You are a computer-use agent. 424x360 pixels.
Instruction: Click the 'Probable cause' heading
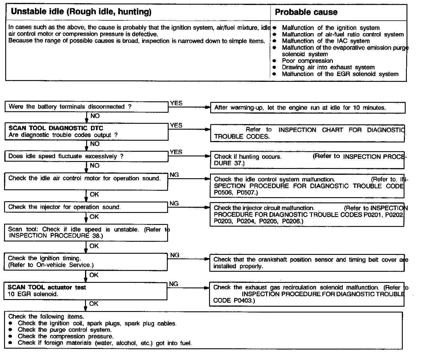(x=306, y=12)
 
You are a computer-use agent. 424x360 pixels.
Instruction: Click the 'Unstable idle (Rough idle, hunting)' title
(x=81, y=12)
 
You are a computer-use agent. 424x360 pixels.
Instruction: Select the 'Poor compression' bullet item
(x=307, y=61)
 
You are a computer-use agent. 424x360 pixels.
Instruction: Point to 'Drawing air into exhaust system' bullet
(x=328, y=67)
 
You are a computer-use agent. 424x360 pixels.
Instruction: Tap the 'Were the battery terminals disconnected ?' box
(x=86, y=107)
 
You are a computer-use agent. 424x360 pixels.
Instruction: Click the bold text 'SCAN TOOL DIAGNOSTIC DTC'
(x=56, y=128)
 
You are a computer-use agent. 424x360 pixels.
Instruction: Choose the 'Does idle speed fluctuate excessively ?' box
(x=86, y=156)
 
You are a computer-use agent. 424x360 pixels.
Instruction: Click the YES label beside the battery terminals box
(x=176, y=103)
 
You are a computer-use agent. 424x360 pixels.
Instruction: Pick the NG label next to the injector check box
(x=174, y=204)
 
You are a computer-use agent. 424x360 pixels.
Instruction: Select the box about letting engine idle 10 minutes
(x=308, y=108)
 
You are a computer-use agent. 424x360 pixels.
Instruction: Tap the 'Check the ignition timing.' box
(x=86, y=262)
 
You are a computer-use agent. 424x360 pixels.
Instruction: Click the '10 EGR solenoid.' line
(x=33, y=294)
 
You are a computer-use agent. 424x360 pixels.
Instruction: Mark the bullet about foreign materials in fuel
(x=105, y=343)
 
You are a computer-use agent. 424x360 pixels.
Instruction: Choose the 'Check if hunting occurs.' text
(x=248, y=157)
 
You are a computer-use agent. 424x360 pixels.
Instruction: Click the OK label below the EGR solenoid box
(x=94, y=304)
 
